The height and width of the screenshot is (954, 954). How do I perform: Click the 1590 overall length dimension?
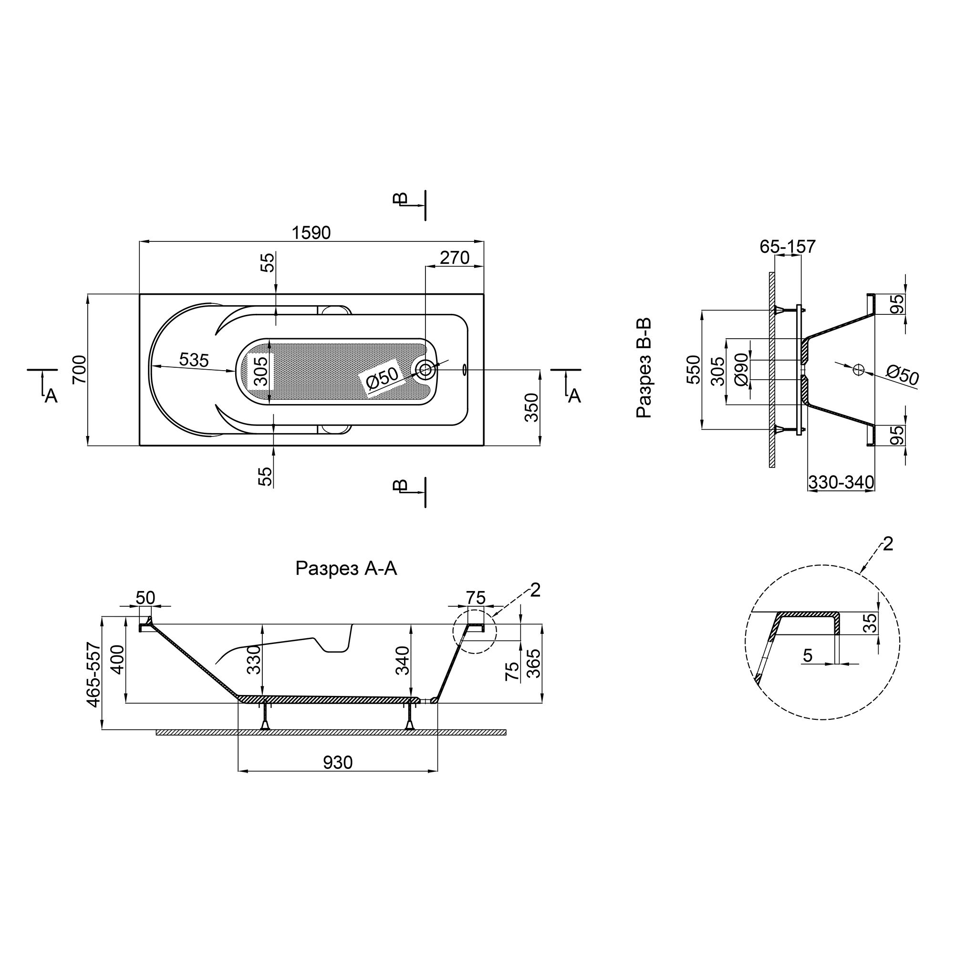[x=311, y=233]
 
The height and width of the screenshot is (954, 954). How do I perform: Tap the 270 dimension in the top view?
[x=454, y=258]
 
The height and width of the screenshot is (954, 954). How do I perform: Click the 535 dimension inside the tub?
[x=194, y=360]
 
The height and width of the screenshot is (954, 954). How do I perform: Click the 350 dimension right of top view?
[x=531, y=407]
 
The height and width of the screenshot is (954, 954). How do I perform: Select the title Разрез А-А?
[x=346, y=569]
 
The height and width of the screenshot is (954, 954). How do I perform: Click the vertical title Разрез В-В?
[x=644, y=369]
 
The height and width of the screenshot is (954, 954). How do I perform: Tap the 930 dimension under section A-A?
[x=338, y=763]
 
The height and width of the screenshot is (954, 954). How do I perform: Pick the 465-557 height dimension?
[x=94, y=674]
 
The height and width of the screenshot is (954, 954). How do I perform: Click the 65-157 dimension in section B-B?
[x=788, y=247]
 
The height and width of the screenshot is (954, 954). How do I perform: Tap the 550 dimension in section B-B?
[x=693, y=369]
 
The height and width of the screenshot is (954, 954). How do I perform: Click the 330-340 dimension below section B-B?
[x=841, y=482]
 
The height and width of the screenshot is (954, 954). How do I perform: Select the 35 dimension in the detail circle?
[x=872, y=622]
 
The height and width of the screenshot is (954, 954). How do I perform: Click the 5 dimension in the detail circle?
[x=808, y=655]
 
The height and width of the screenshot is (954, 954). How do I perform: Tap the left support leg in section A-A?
[x=266, y=716]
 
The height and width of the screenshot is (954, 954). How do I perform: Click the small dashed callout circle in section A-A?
[x=475, y=632]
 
